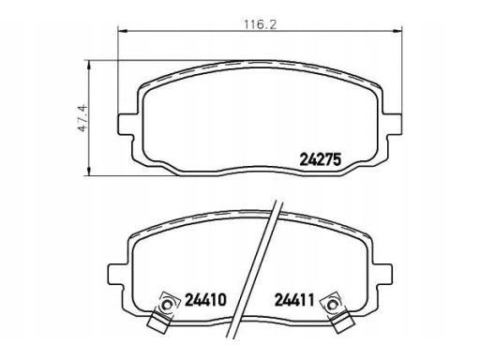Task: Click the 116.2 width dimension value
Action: click(260, 24)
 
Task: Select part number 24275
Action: click(320, 160)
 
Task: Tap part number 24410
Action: click(205, 300)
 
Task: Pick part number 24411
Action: click(294, 300)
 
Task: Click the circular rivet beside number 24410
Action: click(167, 305)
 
